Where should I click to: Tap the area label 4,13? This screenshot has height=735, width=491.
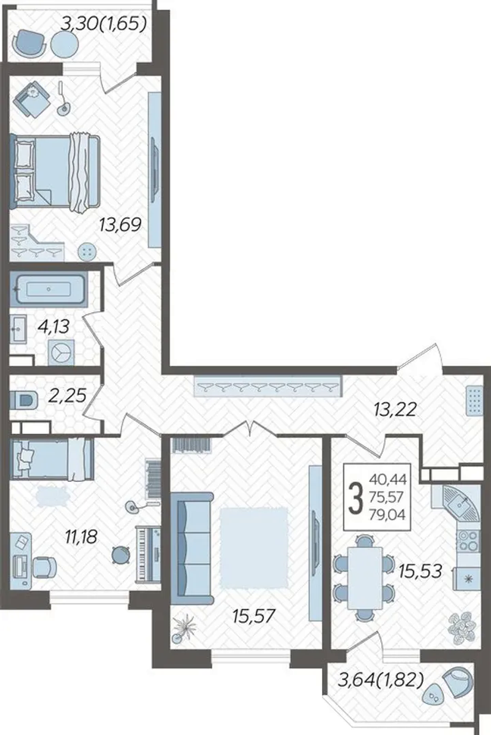coord(53,326)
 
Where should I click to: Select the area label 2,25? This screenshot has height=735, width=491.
coord(67,396)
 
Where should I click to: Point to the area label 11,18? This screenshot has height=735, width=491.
coord(81,536)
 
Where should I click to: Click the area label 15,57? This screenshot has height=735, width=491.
coord(253,615)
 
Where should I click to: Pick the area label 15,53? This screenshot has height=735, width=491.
coord(421,571)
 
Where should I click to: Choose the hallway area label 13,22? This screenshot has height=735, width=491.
coord(396,410)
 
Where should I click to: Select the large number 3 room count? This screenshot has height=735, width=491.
coord(357,499)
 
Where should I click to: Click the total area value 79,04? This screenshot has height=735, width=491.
coord(387,515)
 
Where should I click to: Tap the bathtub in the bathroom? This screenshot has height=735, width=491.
coord(48,291)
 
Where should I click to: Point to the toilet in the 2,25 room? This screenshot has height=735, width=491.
coord(25,401)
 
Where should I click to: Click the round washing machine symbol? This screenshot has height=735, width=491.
coord(61,352)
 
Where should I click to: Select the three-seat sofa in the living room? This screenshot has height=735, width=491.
coord(192,548)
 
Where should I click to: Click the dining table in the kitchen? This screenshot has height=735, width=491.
coord(364,577)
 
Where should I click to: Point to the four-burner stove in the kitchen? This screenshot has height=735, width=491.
coord(468,541)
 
